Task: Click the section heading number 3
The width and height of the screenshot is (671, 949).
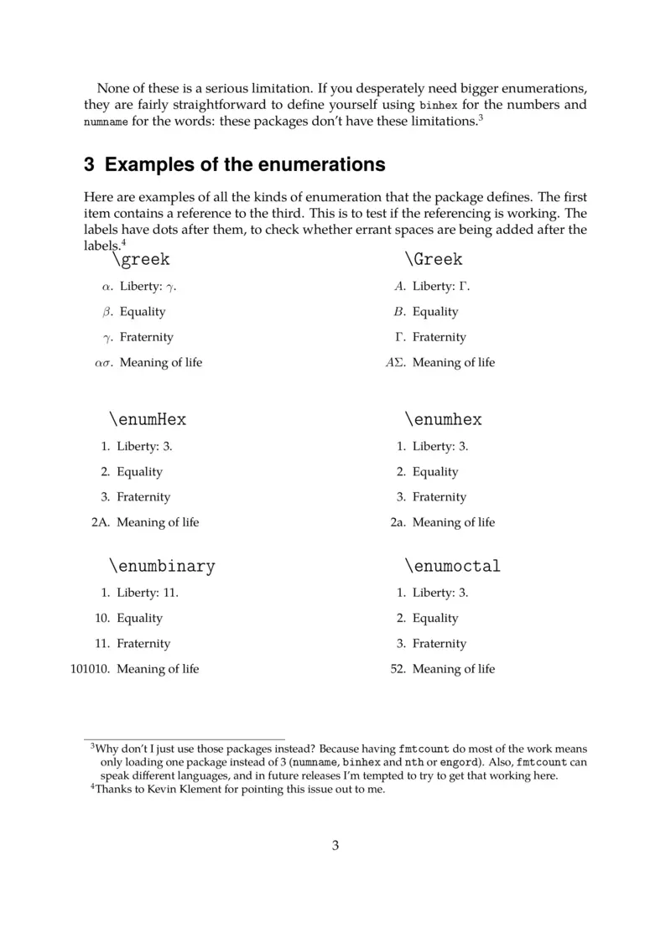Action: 89,164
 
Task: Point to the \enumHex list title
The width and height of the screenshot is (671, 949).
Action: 148,419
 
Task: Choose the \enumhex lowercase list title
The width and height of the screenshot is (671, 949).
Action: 443,419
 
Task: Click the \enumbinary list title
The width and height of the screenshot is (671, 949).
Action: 162,566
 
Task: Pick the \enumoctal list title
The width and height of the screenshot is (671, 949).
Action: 452,566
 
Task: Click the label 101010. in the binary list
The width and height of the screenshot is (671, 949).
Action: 90,669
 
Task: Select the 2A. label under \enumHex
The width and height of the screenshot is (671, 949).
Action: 99,522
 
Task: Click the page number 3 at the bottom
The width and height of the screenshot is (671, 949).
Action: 335,845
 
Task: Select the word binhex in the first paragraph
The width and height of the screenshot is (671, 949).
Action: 438,106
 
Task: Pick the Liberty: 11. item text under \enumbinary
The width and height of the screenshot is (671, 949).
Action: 148,593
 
